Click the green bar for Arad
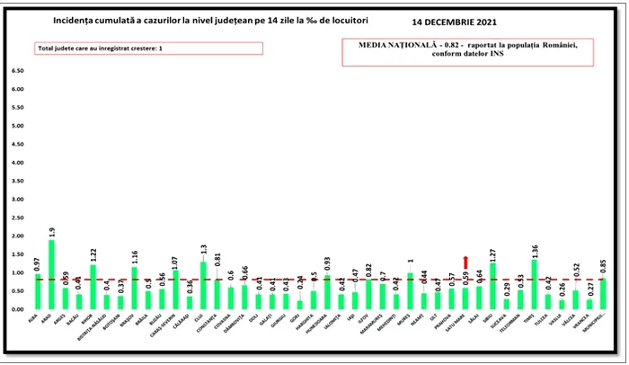point(51,274)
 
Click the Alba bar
point(38,291)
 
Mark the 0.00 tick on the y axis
point(16,309)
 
